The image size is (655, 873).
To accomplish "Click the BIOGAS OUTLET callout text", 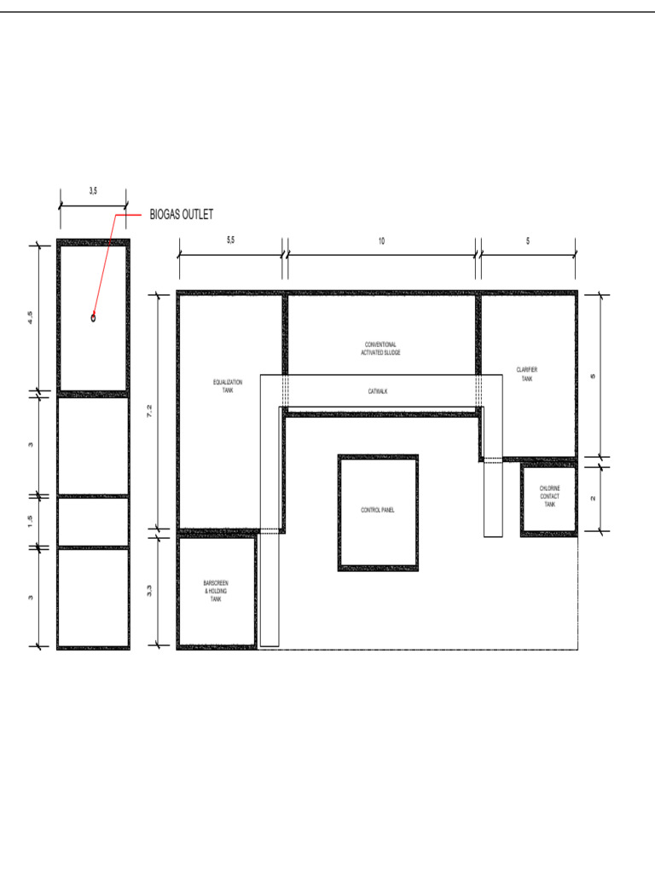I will (x=182, y=215).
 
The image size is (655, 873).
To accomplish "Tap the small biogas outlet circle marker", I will (x=93, y=318).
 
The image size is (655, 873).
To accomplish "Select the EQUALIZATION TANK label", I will (x=228, y=385).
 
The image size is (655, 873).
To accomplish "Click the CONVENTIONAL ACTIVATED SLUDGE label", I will (x=380, y=348).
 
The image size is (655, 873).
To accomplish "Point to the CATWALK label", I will (x=378, y=391).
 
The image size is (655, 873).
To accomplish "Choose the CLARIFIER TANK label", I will (x=527, y=373).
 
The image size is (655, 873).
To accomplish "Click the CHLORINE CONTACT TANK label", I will (x=550, y=496).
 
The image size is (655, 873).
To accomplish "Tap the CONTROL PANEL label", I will (x=378, y=511).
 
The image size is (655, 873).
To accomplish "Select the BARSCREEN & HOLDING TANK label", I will (x=216, y=592).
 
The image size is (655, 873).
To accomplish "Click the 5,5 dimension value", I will (x=230, y=241).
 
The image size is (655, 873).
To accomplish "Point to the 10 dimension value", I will (x=381, y=241).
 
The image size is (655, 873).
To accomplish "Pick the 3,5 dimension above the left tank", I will (x=93, y=192).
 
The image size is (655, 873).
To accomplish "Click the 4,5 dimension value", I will (x=31, y=318).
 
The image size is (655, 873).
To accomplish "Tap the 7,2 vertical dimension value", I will (x=150, y=411).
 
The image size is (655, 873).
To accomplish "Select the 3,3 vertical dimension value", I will (x=150, y=589).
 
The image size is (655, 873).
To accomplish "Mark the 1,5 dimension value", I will (x=31, y=521).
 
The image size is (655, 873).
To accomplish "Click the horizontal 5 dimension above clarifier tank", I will (x=528, y=241).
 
